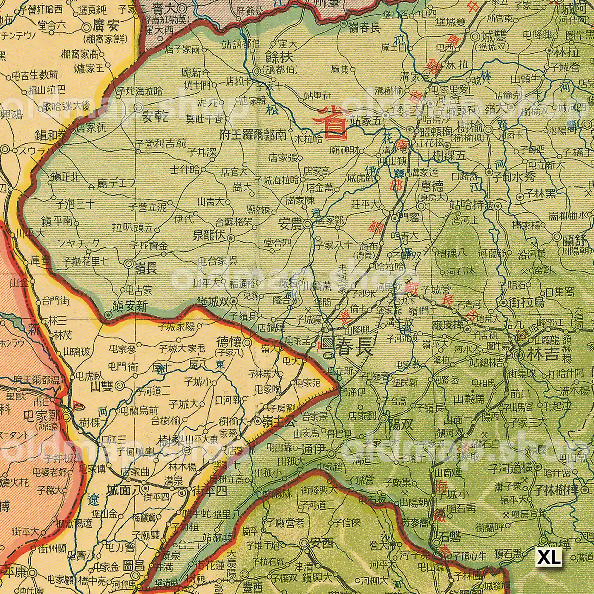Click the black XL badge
pos(549,557)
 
